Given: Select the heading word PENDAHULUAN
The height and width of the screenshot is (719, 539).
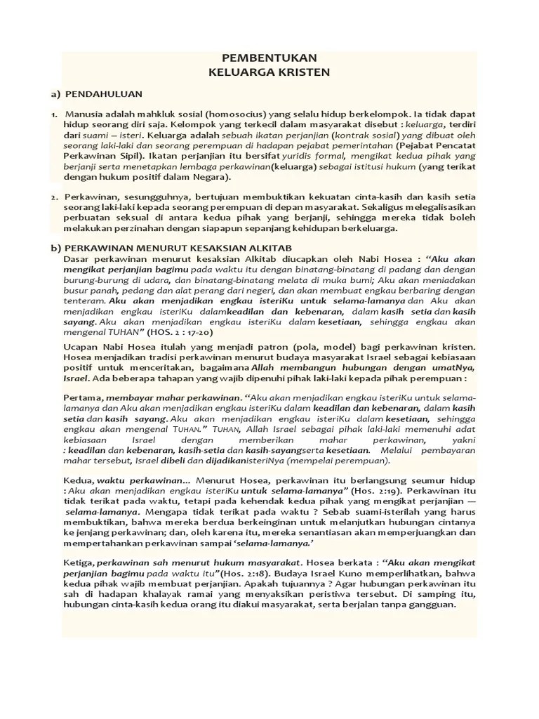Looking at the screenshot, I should (104, 93).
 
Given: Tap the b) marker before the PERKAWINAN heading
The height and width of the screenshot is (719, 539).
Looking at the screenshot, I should (55, 248).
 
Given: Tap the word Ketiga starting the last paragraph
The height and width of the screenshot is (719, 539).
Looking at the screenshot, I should (78, 562).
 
